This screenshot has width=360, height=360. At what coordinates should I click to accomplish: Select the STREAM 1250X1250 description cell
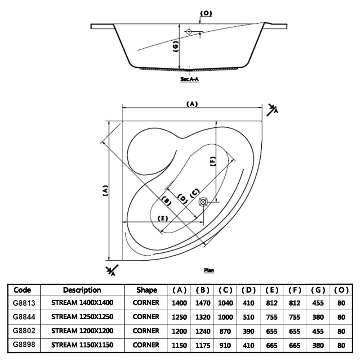coord(82,317)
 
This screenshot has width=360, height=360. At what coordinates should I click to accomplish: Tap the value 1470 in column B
coord(203,303)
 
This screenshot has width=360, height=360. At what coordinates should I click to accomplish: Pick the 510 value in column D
coord(249,317)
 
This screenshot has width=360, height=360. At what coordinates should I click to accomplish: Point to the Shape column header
coord(147,290)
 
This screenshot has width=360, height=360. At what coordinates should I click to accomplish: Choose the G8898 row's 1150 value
coord(180,345)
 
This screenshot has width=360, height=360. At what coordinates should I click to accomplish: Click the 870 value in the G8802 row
coord(226,331)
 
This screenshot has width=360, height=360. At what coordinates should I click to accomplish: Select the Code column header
coord(22,290)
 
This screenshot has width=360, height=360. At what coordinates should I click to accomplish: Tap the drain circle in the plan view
coord(204,202)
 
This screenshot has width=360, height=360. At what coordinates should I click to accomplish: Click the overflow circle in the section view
coord(189,32)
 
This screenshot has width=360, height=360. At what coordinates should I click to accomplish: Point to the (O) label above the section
coord(206,14)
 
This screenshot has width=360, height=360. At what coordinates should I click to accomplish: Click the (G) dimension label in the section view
coord(176,47)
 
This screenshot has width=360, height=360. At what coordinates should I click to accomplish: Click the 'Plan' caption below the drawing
coord(209,270)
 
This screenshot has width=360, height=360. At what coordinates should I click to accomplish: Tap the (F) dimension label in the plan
coord(213,162)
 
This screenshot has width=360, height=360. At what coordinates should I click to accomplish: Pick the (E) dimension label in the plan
coord(163,218)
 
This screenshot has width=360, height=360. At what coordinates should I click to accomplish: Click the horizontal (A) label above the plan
coord(192,104)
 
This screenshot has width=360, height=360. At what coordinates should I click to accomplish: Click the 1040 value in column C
coord(226,303)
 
